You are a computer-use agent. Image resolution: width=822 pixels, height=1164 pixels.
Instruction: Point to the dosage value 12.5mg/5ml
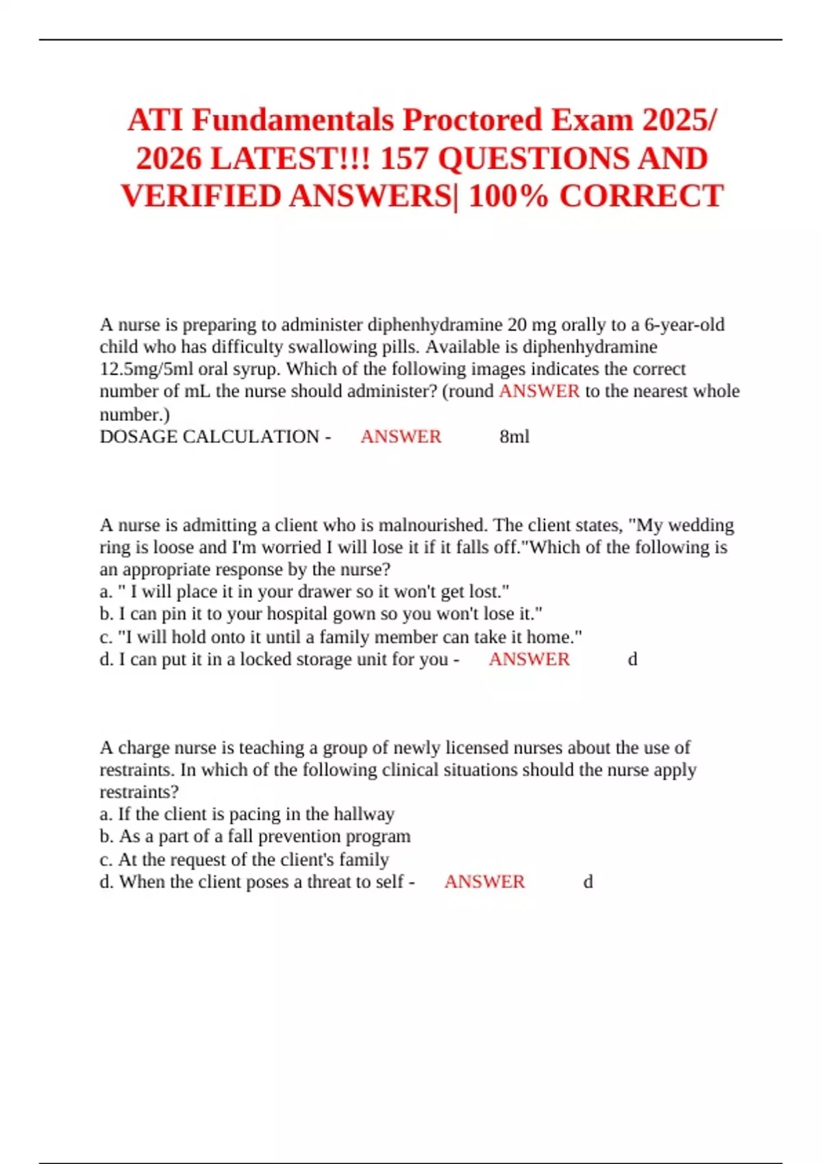click(x=146, y=369)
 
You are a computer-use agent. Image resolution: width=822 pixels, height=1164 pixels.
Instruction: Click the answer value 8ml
click(x=514, y=437)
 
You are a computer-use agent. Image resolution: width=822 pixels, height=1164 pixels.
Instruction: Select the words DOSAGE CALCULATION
click(x=209, y=437)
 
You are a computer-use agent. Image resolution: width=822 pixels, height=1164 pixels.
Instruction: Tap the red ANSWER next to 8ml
click(x=401, y=437)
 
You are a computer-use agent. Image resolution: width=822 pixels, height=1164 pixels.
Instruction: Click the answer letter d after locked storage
click(x=632, y=659)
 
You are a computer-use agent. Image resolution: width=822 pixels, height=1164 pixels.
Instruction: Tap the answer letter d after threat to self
click(x=588, y=882)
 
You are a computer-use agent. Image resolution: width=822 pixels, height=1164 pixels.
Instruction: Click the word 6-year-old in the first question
click(x=684, y=325)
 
